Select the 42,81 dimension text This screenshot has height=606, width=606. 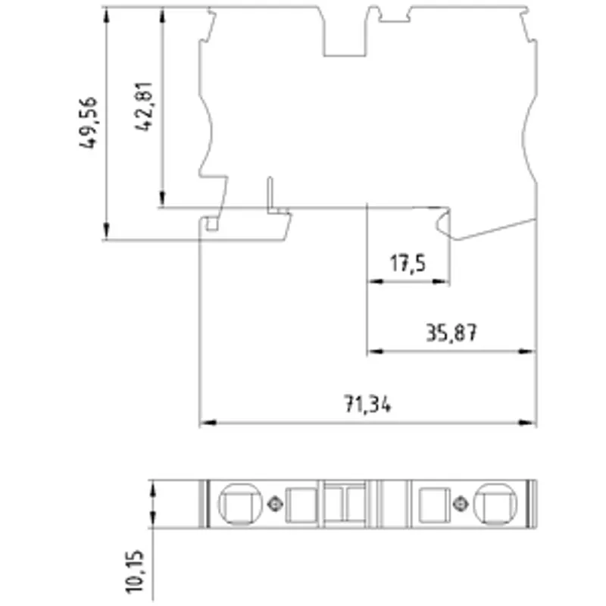(144, 107)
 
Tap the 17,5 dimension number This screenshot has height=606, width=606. (408, 264)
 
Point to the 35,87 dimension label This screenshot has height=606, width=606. (451, 333)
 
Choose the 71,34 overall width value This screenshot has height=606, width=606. (367, 405)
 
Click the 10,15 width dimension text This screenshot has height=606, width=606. (135, 571)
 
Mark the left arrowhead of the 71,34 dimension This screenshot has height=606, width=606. (208, 423)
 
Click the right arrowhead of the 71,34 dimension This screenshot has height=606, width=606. (527, 423)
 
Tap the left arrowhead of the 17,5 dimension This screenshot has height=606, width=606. (376, 281)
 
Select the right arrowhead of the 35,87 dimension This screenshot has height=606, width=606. (527, 351)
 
